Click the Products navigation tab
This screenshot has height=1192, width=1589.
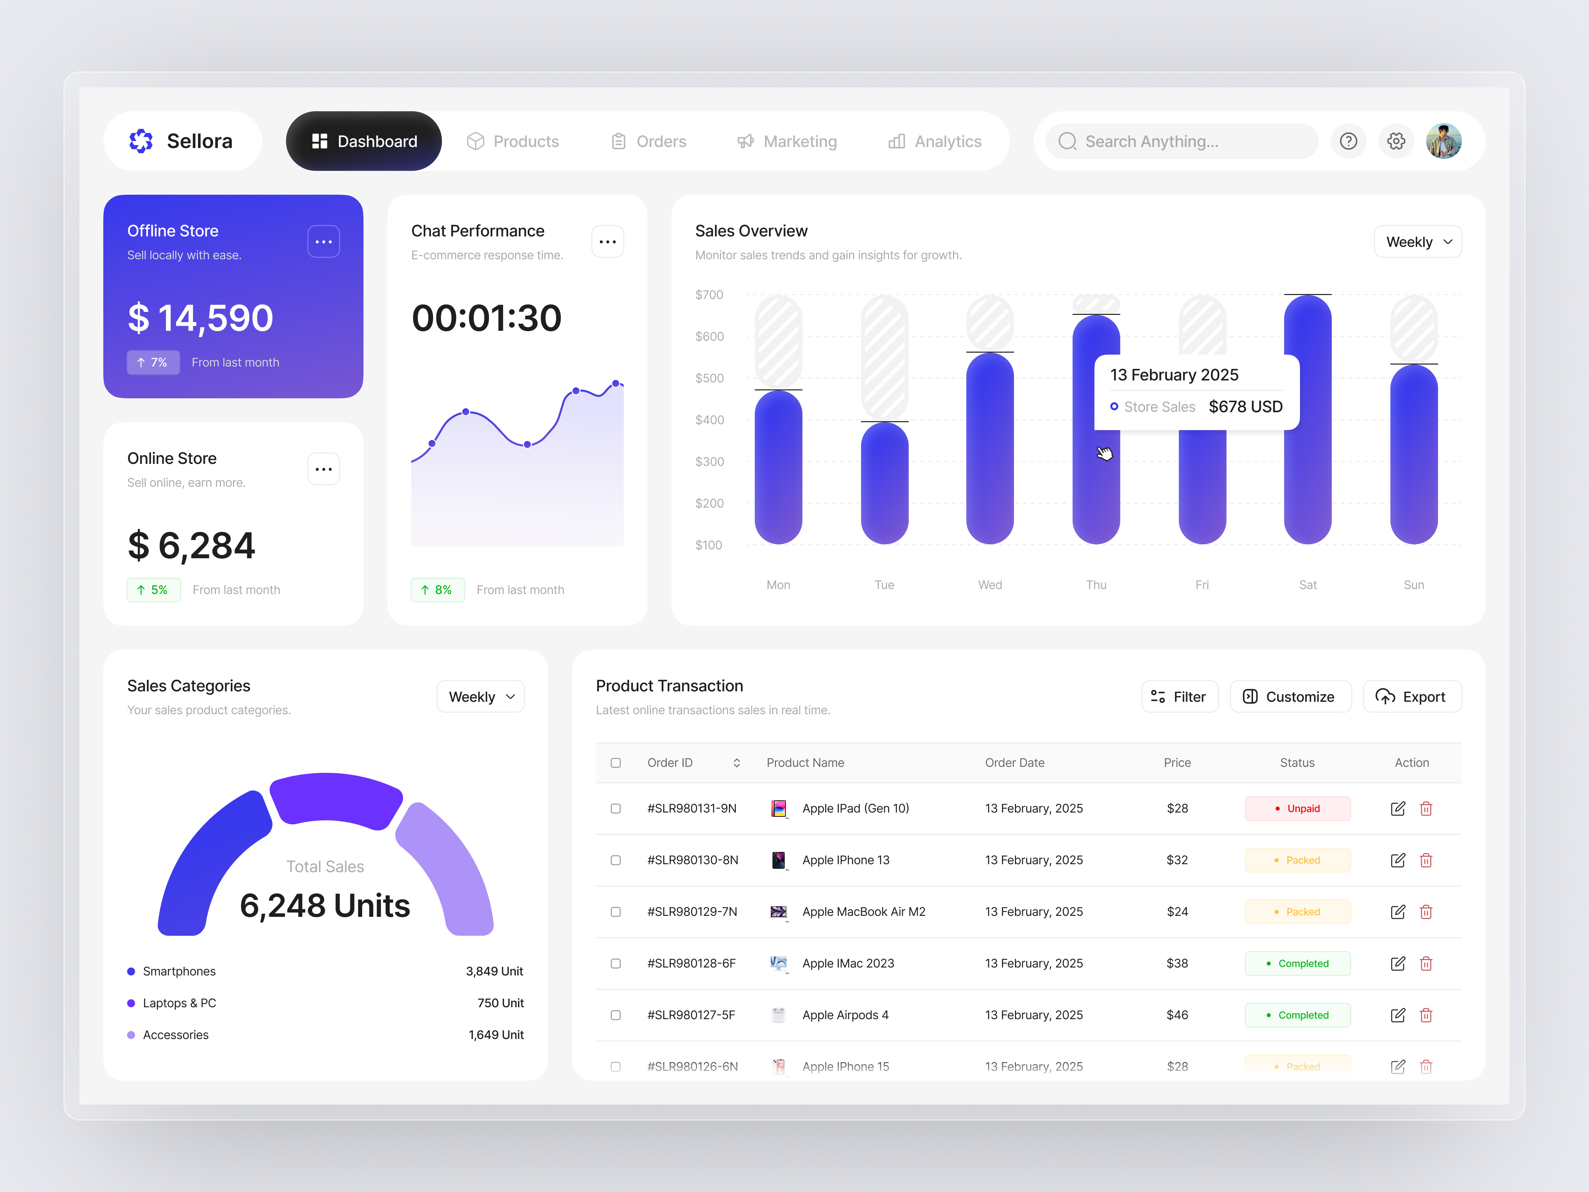point(513,141)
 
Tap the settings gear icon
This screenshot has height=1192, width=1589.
point(1396,141)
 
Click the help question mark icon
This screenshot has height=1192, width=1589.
point(1348,141)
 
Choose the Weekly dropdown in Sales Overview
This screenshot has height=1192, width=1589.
point(1417,242)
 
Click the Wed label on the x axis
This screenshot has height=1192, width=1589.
point(990,585)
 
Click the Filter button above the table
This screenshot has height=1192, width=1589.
point(1180,697)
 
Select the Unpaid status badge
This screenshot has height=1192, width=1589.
point(1297,808)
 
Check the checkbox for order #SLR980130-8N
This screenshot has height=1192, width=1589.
point(616,860)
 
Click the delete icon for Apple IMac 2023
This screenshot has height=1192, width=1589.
point(1426,964)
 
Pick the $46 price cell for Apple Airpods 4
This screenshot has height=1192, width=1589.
point(1177,1015)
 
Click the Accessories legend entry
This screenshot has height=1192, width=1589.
point(175,1035)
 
